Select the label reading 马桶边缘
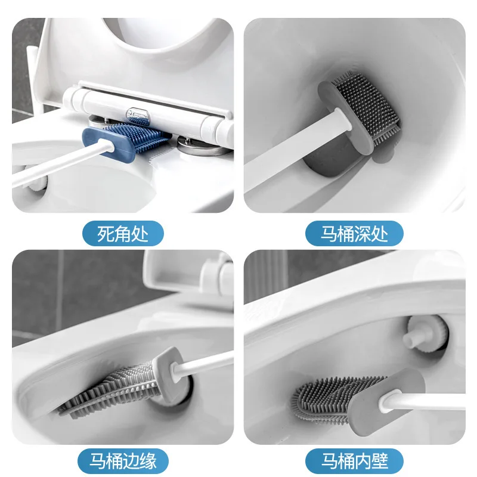(x=122, y=461)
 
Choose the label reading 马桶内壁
(x=354, y=461)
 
